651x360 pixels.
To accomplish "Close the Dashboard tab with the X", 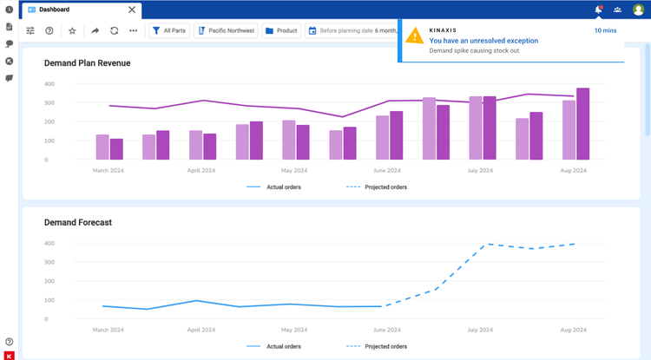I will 132,10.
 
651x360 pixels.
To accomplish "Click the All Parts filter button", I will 169,30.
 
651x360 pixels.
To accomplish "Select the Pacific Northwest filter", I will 226,30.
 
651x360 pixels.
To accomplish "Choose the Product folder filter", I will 281,30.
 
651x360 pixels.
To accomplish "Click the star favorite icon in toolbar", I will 72,30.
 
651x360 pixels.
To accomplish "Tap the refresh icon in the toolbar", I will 114,30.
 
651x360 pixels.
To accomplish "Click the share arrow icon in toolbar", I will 95,30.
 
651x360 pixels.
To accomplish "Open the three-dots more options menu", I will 133,30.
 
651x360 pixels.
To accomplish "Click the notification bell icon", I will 598,10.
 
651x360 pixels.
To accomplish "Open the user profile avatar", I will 638,10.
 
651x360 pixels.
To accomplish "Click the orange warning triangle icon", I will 415,36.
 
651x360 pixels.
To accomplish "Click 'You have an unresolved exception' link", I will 483,41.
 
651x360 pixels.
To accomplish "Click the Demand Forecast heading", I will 78,222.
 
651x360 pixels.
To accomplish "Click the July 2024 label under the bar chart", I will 481,171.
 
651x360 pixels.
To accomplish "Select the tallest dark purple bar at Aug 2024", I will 583,123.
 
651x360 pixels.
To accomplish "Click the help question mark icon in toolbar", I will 49,30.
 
